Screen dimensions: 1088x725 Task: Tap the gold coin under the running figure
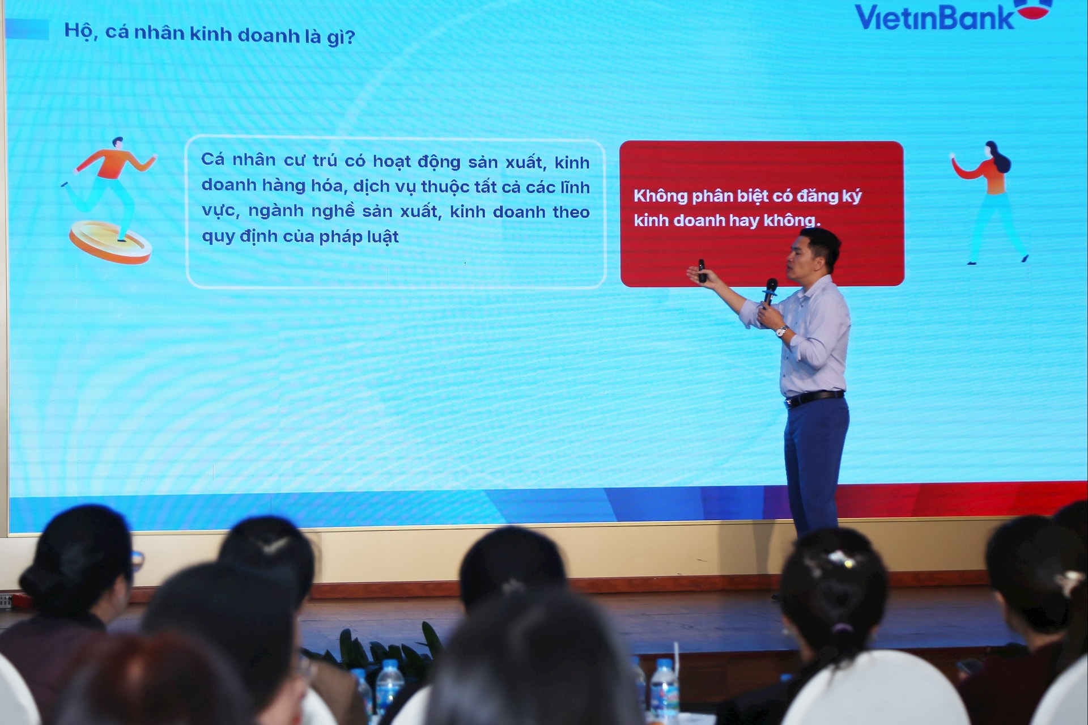pos(110,242)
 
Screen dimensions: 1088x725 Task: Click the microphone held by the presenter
pos(770,290)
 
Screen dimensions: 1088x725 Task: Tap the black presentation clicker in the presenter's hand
pos(702,270)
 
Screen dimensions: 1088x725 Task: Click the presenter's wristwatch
pos(781,331)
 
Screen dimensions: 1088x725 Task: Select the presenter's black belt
pos(814,398)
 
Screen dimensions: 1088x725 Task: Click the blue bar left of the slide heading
pos(27,29)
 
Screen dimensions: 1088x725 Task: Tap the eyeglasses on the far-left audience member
pos(137,559)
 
